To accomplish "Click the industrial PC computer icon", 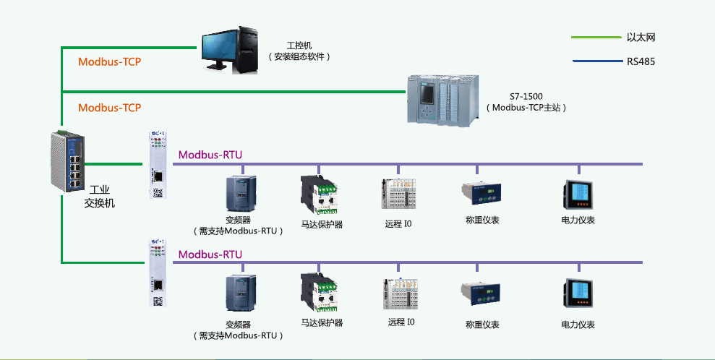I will (231, 49).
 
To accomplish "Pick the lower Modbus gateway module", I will (158, 273).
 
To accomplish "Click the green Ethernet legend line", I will (595, 38).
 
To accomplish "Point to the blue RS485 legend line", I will (595, 61).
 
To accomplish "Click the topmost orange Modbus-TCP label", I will (109, 61).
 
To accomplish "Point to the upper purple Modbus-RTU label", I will (210, 154).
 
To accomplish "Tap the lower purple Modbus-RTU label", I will (210, 254).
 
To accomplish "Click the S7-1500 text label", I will (526, 95).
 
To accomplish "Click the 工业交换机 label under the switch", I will (99, 196).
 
